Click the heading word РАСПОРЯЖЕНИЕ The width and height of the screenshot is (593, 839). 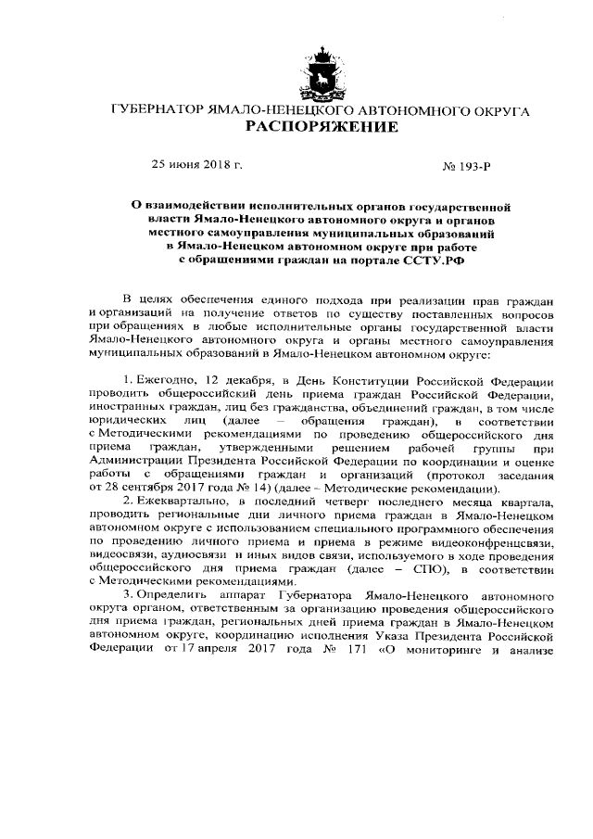pyautogui.click(x=321, y=126)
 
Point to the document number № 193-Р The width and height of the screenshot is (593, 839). pyautogui.click(x=467, y=166)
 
